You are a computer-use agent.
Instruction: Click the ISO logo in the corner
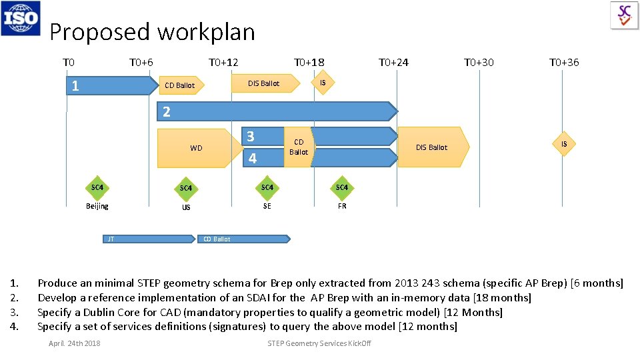(x=21, y=18)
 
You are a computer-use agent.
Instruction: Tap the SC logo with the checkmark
(x=624, y=15)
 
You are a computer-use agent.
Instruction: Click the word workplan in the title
(x=207, y=31)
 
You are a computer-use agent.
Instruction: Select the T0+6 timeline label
(x=141, y=63)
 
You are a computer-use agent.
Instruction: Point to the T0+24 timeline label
(x=393, y=63)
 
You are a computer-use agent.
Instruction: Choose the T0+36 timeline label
(x=564, y=63)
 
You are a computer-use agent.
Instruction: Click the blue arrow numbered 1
(x=110, y=85)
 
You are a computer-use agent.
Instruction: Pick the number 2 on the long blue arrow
(x=167, y=112)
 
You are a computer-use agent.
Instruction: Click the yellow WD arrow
(x=197, y=148)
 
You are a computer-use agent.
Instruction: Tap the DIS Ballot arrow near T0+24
(x=432, y=147)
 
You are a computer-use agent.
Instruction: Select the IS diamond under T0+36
(x=564, y=144)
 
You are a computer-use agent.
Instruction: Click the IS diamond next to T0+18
(x=323, y=83)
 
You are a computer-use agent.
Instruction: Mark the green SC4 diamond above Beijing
(x=97, y=188)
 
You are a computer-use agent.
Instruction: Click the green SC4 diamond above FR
(x=342, y=188)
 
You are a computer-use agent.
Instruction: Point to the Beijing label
(x=97, y=206)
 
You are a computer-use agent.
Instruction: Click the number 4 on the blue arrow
(x=252, y=159)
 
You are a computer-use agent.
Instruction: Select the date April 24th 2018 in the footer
(x=75, y=343)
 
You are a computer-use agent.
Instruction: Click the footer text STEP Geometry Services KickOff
(x=319, y=343)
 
